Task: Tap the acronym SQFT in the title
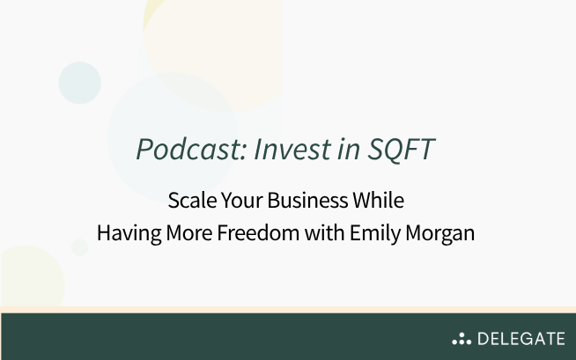coord(401,151)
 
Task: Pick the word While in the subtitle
coord(380,201)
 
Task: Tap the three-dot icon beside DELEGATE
coord(462,339)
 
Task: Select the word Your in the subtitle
coord(243,201)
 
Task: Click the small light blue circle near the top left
coord(80,83)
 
